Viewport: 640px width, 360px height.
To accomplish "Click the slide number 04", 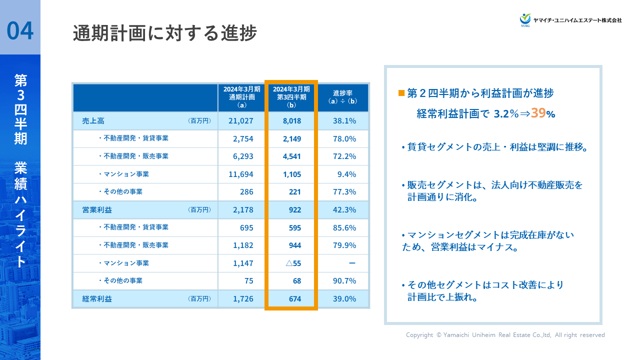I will [x=20, y=30].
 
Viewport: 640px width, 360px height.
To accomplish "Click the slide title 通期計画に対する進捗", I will [x=164, y=33].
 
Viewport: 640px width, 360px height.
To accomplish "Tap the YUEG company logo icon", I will [x=525, y=19].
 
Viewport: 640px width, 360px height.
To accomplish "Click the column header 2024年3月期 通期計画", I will [x=242, y=97].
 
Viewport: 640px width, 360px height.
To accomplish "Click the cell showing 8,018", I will [x=292, y=121].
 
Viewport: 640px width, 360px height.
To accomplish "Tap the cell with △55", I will [x=293, y=263].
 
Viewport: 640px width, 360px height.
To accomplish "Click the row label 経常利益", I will [x=97, y=299].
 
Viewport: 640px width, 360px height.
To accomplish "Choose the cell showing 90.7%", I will [x=344, y=281].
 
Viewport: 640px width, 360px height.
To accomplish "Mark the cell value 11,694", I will [x=241, y=174].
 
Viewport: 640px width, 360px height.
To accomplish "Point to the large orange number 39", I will [x=538, y=113].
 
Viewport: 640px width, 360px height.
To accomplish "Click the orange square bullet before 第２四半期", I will [x=401, y=93].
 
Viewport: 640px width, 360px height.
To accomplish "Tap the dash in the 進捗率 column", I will [x=352, y=263].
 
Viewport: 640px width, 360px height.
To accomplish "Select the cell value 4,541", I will [x=292, y=156].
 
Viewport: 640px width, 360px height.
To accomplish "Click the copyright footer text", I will [x=505, y=335].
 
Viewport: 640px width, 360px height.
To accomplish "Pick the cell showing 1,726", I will [x=243, y=299].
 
